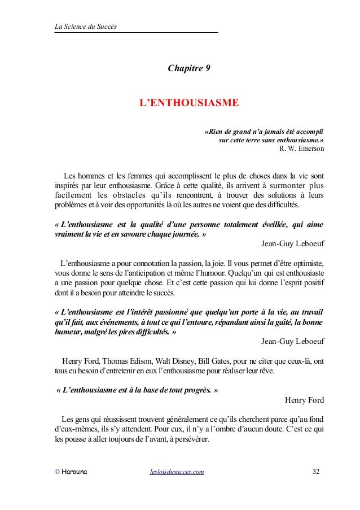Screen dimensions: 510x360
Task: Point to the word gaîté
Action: click(x=279, y=321)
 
